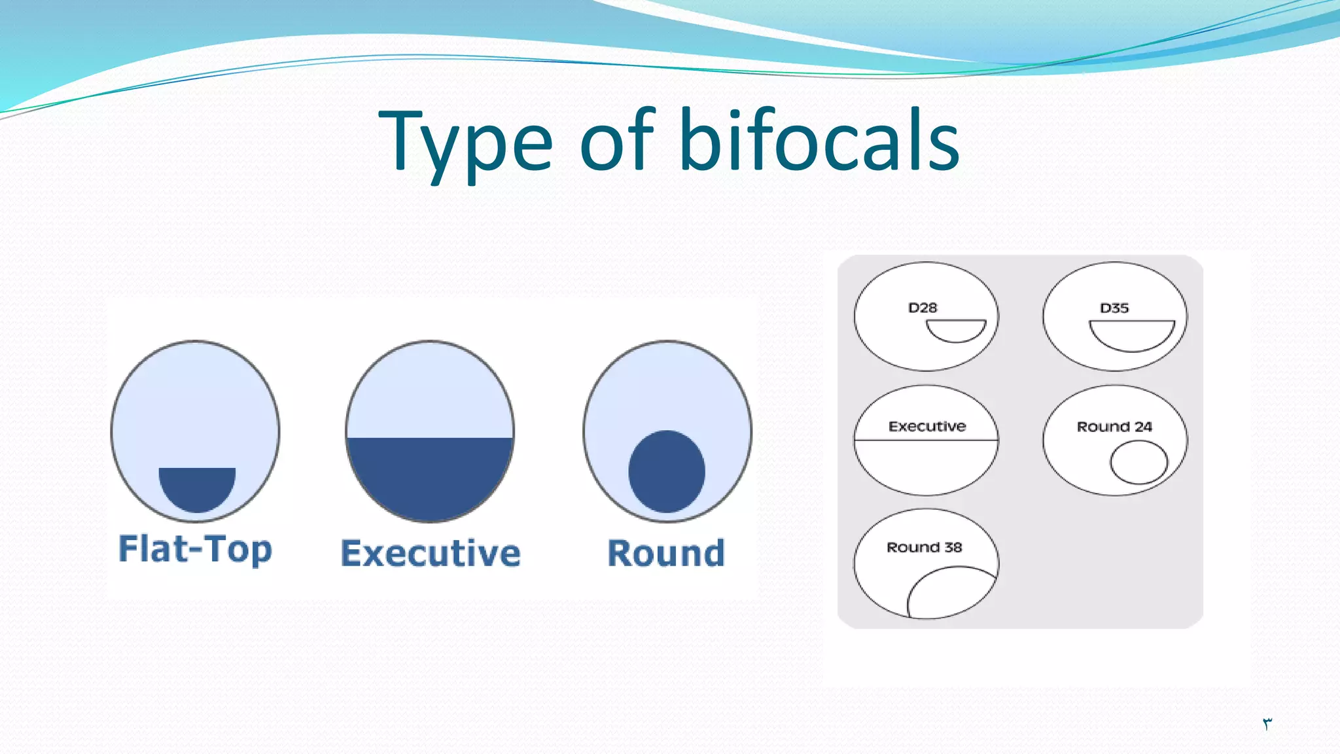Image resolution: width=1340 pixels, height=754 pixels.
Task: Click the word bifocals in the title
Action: click(819, 140)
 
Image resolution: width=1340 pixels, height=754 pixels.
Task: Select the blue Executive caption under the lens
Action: click(431, 553)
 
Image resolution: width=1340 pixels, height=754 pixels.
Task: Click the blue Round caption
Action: click(666, 553)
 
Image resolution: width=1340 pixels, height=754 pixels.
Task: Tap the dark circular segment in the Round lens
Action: click(667, 471)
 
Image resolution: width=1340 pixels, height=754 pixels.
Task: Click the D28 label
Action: click(923, 308)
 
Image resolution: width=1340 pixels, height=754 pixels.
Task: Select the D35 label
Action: click(1114, 308)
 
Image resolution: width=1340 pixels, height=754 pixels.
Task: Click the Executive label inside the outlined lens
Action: click(927, 426)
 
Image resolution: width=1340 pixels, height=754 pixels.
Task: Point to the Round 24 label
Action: click(1114, 427)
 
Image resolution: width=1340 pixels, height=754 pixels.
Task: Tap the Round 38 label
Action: click(924, 547)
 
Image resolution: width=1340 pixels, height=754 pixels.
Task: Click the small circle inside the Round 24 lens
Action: click(1138, 462)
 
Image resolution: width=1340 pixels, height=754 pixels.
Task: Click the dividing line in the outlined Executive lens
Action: click(926, 440)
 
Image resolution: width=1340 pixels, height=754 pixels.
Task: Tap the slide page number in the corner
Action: click(1267, 723)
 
